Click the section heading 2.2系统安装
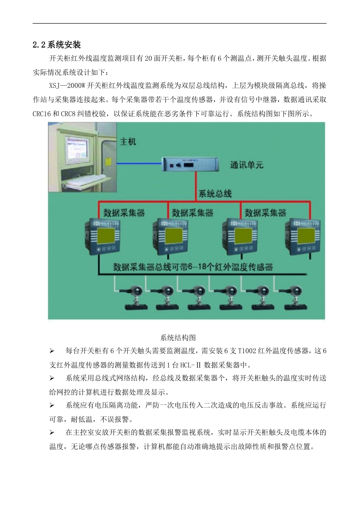click(x=57, y=45)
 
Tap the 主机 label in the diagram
click(x=128, y=141)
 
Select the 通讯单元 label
click(x=246, y=165)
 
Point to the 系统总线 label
click(x=215, y=194)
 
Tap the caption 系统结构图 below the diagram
click(x=178, y=337)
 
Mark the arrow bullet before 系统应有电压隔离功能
click(x=52, y=406)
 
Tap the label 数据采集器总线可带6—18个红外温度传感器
click(x=193, y=267)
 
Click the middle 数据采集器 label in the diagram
click(x=193, y=213)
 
